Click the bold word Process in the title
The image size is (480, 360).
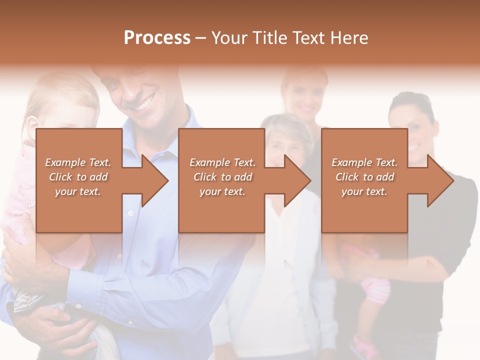pos(157,37)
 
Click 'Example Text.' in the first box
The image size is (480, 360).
pos(78,162)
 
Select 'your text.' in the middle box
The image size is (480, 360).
pos(222,191)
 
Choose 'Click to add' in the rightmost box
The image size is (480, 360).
pos(364,177)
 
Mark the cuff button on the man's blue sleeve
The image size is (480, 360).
pos(78,306)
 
